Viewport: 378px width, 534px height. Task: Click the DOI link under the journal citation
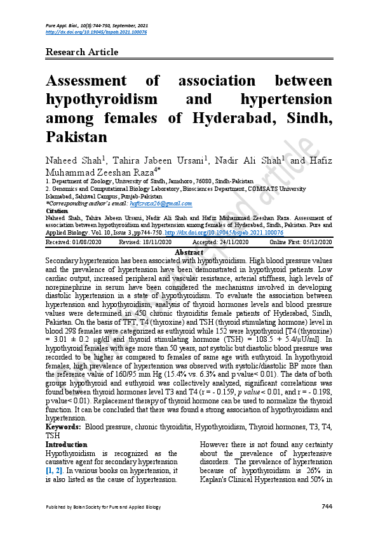pyautogui.click(x=97, y=32)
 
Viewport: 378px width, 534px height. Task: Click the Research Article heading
pyautogui.click(x=82, y=52)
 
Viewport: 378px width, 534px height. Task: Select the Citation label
pyautogui.click(x=57, y=210)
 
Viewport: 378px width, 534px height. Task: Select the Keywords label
pyautogui.click(x=63, y=427)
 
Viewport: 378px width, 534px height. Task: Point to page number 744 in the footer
pyautogui.click(x=327, y=506)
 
